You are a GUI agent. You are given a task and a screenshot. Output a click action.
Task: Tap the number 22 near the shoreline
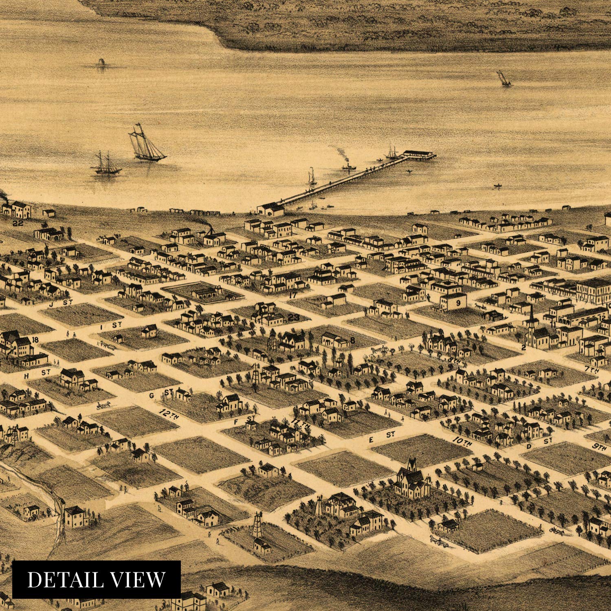18,223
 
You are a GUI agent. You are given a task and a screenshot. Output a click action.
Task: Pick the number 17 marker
292,295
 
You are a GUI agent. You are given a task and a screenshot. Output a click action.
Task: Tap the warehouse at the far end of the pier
420,154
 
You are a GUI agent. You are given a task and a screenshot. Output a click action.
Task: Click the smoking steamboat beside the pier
348,166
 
